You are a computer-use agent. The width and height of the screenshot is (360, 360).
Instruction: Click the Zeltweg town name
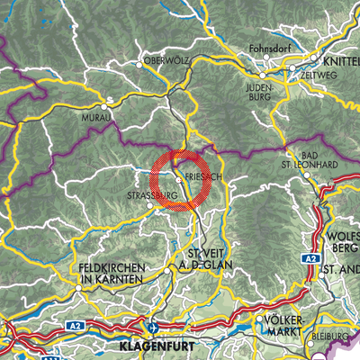click(319, 76)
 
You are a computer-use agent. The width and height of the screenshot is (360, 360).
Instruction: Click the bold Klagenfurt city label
click(154, 344)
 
